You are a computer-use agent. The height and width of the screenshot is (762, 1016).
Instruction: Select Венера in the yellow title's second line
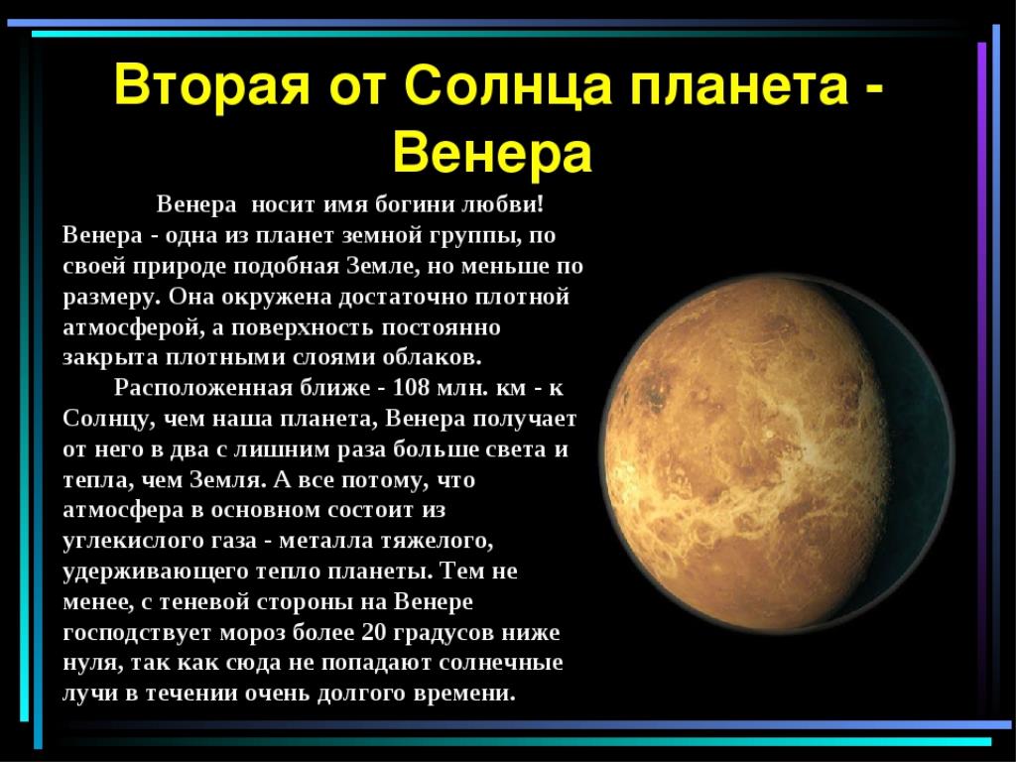492,154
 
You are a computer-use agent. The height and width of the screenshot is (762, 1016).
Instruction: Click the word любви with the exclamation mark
502,204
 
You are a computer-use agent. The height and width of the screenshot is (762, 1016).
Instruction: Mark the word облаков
433,357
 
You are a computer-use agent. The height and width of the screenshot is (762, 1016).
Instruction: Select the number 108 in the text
411,388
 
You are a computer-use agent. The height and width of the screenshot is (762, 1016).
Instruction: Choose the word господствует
137,633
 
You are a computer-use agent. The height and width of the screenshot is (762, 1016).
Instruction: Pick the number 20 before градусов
373,632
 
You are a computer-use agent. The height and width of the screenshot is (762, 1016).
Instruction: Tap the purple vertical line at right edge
981,376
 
